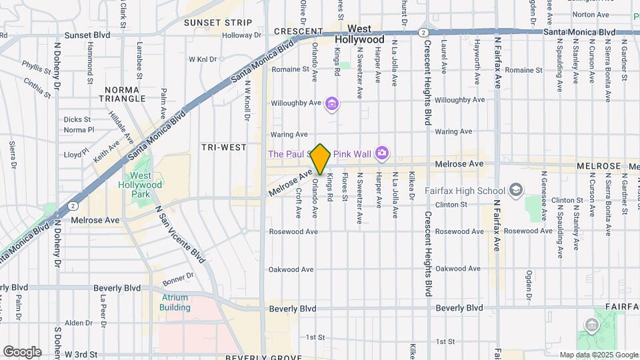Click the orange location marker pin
click(320, 159)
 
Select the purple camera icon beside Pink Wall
click(381, 154)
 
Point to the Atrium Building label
click(174, 303)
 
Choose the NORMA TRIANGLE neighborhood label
click(125, 93)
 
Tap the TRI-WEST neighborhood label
click(224, 147)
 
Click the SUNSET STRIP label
click(218, 23)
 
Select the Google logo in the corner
click(22, 351)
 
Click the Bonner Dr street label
click(177, 275)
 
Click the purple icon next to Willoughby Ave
click(333, 103)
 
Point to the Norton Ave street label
click(591, 14)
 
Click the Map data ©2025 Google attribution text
click(599, 355)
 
